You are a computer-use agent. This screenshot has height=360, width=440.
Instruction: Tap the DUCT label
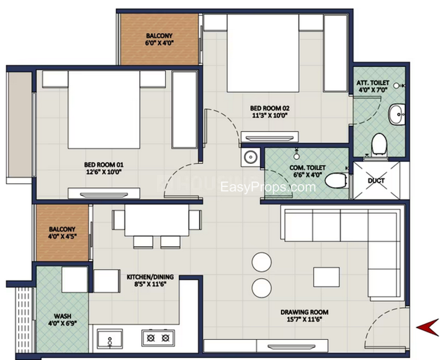coord(376,181)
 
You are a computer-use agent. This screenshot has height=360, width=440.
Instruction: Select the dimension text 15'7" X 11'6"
coord(304,320)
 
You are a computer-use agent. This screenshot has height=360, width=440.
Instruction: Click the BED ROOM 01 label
coord(103,164)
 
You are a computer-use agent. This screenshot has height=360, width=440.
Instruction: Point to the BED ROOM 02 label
coord(269,108)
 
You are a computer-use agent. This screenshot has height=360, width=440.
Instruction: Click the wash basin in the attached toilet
coord(397,114)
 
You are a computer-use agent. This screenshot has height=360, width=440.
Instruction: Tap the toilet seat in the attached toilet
coord(379,145)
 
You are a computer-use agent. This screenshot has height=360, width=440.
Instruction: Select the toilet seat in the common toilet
coord(336,180)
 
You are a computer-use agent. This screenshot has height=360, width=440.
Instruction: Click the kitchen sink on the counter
coord(109,339)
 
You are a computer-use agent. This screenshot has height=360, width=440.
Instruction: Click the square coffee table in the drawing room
coord(326,277)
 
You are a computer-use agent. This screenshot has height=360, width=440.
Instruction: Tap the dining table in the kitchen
coord(157,220)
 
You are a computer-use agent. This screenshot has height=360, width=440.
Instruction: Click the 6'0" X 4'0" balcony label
coord(159,39)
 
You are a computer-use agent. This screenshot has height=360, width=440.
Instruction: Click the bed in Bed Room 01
coord(104,109)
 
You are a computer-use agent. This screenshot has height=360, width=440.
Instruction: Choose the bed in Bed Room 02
coord(263,53)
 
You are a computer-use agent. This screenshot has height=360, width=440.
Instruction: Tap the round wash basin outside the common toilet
coord(250,157)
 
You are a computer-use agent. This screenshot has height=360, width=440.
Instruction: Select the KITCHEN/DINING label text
coord(150,277)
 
